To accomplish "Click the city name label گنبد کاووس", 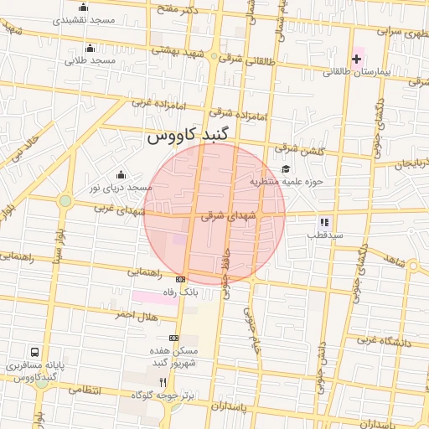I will [193, 135].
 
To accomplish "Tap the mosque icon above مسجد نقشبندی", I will [82, 8].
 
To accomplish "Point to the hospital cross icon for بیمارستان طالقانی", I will [357, 59].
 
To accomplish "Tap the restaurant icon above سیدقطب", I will [323, 223].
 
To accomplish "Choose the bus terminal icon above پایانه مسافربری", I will [35, 353].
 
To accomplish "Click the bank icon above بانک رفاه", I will [180, 279].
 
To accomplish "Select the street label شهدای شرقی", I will [225, 215].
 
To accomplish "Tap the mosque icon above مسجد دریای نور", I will [121, 174].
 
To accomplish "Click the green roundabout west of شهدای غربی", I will [65, 200].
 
